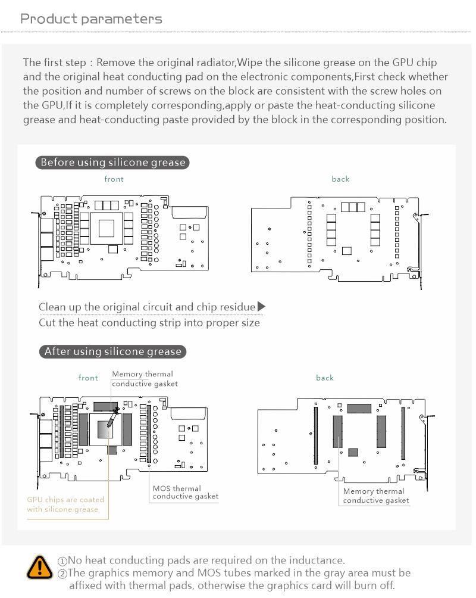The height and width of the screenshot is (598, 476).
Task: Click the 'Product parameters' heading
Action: click(91, 18)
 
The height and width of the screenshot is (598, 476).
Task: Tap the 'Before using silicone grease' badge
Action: click(112, 162)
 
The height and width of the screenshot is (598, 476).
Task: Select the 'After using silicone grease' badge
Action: click(112, 351)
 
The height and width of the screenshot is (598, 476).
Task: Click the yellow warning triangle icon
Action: click(40, 568)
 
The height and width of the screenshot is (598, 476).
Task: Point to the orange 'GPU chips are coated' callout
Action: click(65, 504)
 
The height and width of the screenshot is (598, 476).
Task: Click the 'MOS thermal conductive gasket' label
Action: click(185, 492)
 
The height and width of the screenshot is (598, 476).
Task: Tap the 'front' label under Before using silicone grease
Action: click(114, 179)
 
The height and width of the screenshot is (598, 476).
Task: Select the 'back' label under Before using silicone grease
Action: click(340, 179)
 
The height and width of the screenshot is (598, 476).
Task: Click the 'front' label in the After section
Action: click(88, 378)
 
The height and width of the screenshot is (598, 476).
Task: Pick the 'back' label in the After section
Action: click(325, 378)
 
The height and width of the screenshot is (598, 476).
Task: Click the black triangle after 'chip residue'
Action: click(261, 307)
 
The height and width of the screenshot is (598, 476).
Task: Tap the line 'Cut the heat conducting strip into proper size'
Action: click(149, 323)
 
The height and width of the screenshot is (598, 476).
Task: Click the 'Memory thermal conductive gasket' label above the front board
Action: click(145, 379)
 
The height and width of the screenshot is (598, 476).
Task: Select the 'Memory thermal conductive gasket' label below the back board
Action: click(376, 496)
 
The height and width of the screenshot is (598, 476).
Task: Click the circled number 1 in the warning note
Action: click(62, 560)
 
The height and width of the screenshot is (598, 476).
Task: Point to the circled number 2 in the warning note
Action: click(62, 573)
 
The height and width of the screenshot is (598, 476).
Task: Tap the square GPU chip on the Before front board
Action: click(107, 228)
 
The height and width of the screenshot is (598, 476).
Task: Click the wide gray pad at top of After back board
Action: click(359, 409)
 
